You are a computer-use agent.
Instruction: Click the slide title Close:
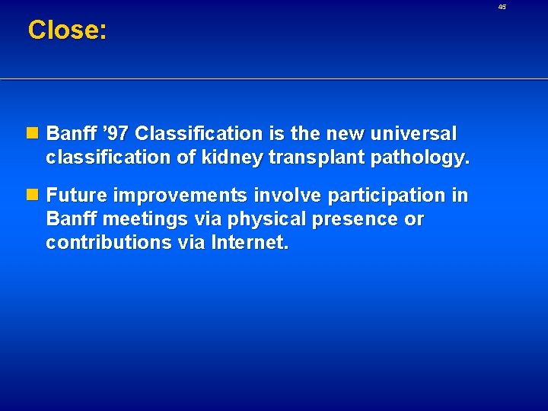pyautogui.click(x=67, y=30)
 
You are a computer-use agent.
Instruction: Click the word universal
pyautogui.click(x=415, y=134)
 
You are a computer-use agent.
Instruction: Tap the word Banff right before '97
pyautogui.click(x=70, y=134)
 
